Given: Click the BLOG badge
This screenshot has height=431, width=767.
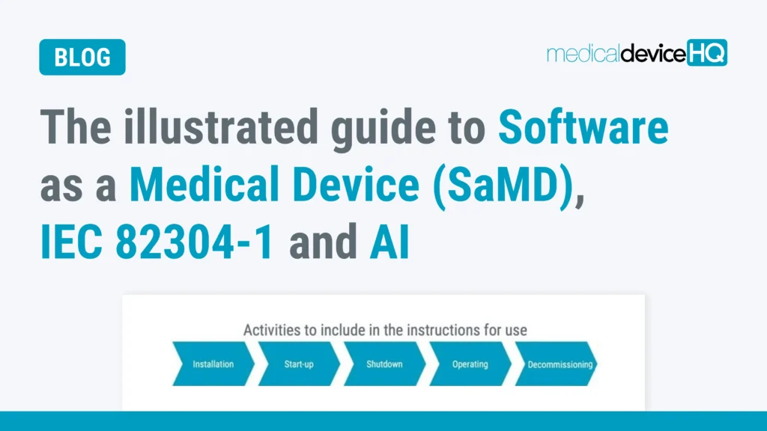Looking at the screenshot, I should [82, 58].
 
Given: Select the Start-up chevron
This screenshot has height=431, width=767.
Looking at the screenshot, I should [299, 364].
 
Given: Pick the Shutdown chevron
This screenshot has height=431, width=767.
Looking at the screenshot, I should [384, 364].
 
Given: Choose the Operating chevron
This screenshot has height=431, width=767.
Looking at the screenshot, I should [470, 364].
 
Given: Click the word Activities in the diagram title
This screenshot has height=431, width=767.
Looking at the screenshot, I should [270, 329].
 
